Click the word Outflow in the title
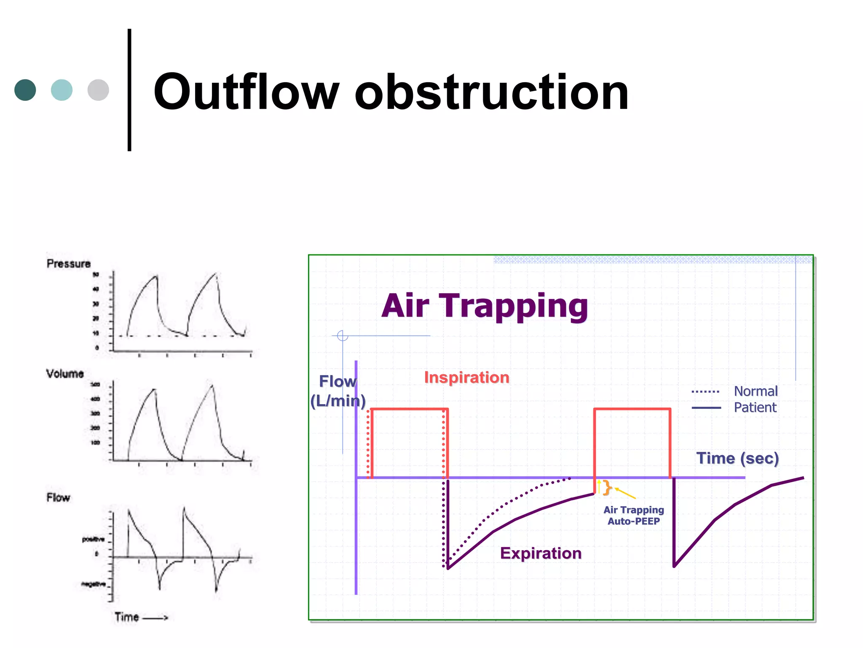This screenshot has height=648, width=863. pyautogui.click(x=246, y=92)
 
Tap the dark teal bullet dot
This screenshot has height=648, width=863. pyautogui.click(x=25, y=90)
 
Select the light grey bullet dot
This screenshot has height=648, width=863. pyautogui.click(x=98, y=90)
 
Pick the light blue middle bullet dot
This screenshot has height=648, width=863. pyautogui.click(x=62, y=90)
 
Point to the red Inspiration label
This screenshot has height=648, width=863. pyautogui.click(x=466, y=377)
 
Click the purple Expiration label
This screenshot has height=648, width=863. pyautogui.click(x=541, y=553)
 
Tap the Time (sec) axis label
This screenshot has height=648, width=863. pyautogui.click(x=737, y=458)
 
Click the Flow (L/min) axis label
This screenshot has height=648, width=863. pyautogui.click(x=338, y=391)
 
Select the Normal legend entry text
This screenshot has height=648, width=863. pyautogui.click(x=756, y=391)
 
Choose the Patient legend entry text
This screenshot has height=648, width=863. pyautogui.click(x=755, y=408)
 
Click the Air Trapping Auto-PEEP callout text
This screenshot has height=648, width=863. pyautogui.click(x=633, y=516)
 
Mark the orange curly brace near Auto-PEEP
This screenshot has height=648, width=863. pyautogui.click(x=607, y=487)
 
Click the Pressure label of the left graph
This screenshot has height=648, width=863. pyautogui.click(x=69, y=264)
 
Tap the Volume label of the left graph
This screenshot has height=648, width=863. pyautogui.click(x=65, y=374)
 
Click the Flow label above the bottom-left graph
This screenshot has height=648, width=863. pyautogui.click(x=58, y=498)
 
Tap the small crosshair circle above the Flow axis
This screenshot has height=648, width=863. pyautogui.click(x=343, y=336)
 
